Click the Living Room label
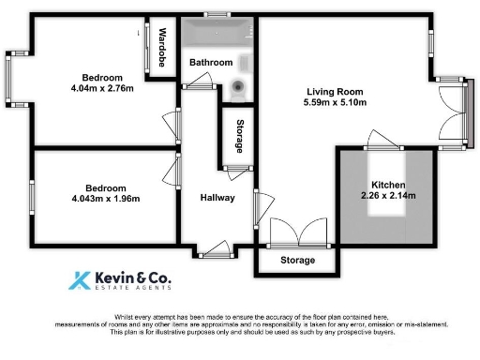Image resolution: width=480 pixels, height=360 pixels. point(336,91)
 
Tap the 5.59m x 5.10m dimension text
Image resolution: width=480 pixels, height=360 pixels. point(336,102)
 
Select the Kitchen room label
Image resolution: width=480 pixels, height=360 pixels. point(388,184)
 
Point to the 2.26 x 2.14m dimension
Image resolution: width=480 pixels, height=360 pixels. point(388,196)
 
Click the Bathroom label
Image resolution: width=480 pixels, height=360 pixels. point(211,63)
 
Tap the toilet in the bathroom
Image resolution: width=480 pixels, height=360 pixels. point(239,92)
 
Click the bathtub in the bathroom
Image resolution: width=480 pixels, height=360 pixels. point(217,37)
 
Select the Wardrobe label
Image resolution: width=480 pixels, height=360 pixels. point(162,48)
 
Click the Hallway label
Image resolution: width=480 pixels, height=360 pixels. point(217,198)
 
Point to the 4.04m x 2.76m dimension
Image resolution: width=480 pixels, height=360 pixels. point(102,89)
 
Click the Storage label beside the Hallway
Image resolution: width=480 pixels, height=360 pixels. point(240,137)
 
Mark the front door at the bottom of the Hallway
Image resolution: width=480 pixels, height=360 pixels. point(217,249)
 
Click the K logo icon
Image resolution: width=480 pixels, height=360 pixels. point(82,281)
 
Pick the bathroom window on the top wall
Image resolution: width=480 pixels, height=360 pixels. point(218,13)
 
